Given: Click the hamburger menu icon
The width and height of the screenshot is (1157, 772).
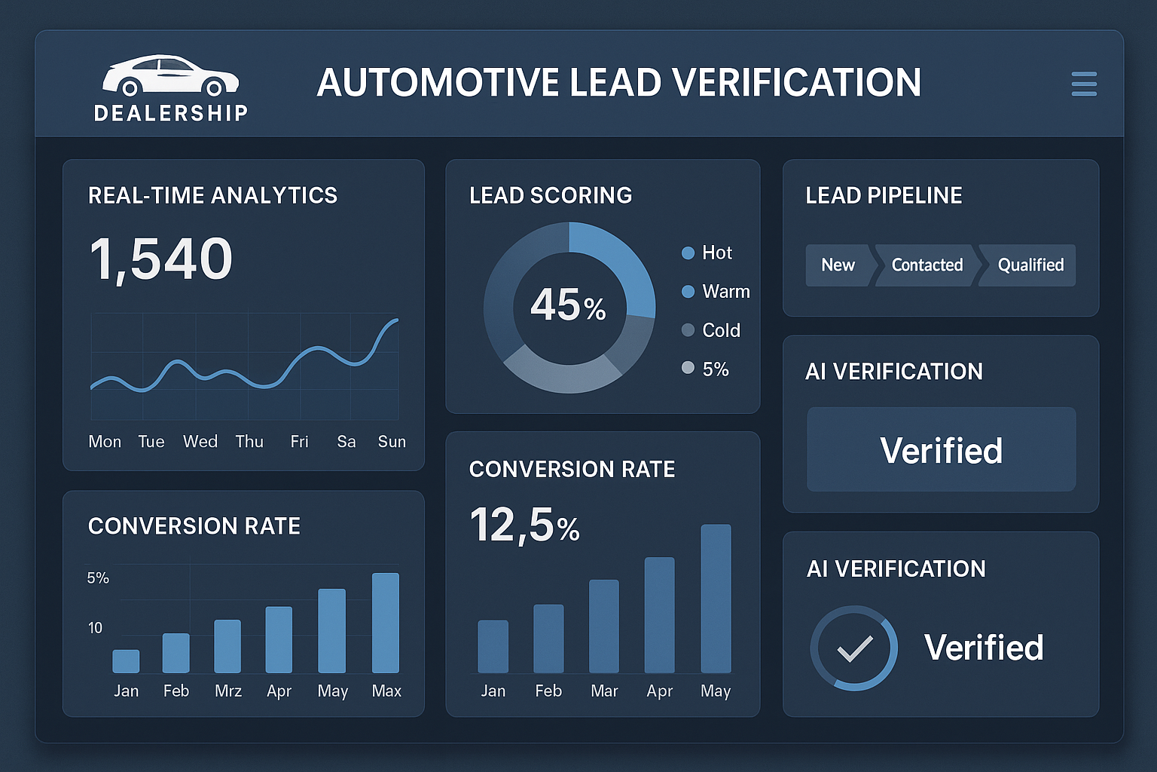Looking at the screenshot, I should tap(1083, 84).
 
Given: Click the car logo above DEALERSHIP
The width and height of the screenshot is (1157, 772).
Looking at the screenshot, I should tap(171, 76).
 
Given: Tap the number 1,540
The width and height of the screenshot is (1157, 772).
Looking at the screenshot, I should tap(160, 259).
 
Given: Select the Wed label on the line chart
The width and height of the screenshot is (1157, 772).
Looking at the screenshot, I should tap(200, 442).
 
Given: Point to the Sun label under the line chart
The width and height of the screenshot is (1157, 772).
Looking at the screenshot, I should tap(392, 442).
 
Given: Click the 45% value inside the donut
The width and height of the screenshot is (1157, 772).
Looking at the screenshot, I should tap(568, 305).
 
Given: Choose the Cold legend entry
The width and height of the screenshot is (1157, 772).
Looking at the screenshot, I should tap(711, 330).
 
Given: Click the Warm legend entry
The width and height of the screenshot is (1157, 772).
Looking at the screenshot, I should tap(716, 292).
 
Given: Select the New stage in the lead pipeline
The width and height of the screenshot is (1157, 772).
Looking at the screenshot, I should tap(838, 265).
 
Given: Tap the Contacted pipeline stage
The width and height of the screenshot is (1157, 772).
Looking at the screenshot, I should tap(927, 265).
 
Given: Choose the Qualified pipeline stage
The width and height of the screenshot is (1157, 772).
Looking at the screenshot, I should tap(1030, 265).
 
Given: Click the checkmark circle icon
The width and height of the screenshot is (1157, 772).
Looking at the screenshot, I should tap(854, 648).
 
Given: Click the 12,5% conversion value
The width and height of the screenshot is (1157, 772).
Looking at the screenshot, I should tap(524, 525).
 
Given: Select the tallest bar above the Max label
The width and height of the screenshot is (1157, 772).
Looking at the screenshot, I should tap(386, 623).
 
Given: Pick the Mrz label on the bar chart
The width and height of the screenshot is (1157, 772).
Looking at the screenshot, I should tap(228, 691).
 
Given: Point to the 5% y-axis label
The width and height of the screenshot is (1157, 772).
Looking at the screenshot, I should tap(98, 578).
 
